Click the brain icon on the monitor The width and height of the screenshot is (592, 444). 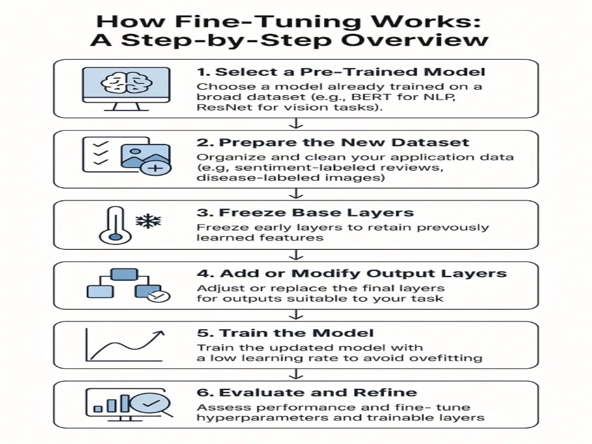pos(127,83)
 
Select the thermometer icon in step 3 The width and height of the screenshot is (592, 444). pos(115,225)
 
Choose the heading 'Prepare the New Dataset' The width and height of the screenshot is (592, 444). pos(333,142)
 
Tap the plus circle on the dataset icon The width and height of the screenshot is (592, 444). pos(156,168)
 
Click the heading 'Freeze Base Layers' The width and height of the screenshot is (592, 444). pos(305,213)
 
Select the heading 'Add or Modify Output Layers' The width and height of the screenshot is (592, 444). pos(352,274)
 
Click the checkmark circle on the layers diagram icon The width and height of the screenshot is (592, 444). pos(159,297)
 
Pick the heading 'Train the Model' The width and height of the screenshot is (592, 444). pos(285,333)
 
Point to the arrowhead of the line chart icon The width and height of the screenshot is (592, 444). pos(160,333)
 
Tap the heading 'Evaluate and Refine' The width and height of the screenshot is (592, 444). pos(307,392)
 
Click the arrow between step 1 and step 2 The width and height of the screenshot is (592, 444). pos(296,124)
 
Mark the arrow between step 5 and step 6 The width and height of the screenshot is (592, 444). pos(296,374)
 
